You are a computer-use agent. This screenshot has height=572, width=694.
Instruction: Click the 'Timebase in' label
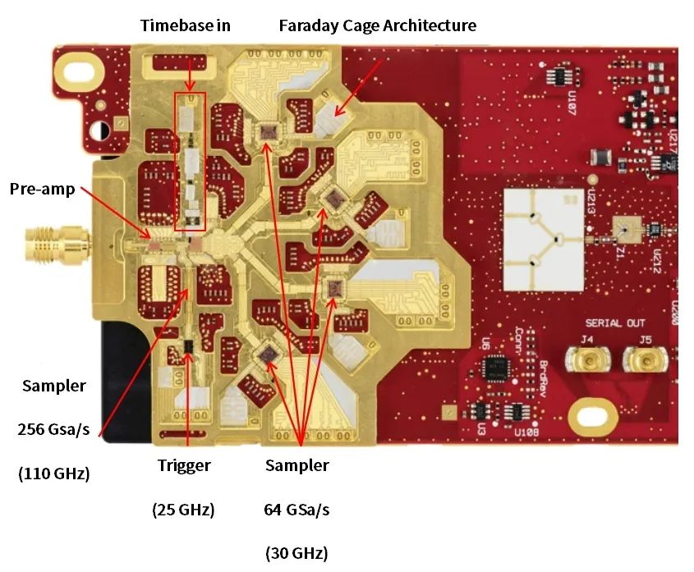click(x=185, y=25)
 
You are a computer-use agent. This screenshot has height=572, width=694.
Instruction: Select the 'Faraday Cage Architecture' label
click(x=377, y=25)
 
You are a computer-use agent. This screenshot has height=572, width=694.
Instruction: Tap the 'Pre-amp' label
click(x=42, y=189)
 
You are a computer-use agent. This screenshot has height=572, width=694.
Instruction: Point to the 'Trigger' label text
click(x=184, y=465)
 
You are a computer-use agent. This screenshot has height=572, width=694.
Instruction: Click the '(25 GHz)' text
click(x=183, y=510)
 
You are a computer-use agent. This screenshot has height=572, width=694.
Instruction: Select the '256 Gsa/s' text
click(x=54, y=428)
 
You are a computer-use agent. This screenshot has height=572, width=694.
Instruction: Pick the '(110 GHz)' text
click(x=54, y=473)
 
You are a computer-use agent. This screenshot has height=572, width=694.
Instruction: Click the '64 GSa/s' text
click(x=296, y=510)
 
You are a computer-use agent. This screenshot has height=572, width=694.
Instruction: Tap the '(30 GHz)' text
click(x=296, y=553)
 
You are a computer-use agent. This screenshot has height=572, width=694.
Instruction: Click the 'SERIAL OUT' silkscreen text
click(x=615, y=323)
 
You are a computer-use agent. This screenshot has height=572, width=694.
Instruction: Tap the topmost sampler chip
click(x=268, y=131)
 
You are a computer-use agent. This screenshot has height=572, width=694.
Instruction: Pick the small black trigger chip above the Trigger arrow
click(x=188, y=347)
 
